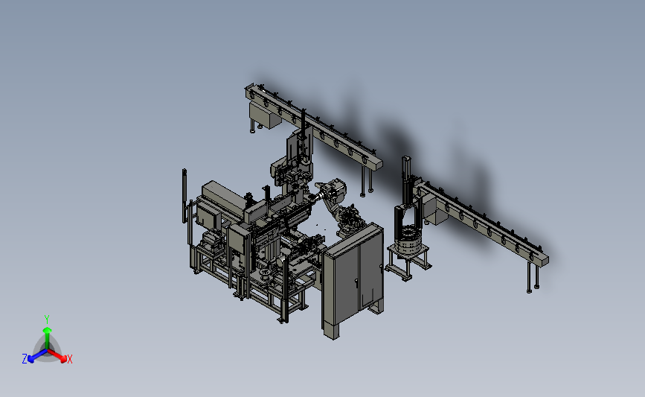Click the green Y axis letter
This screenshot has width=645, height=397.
[x=46, y=320]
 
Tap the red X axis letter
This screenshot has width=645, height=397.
[x=69, y=359]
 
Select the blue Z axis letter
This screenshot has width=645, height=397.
[x=25, y=359]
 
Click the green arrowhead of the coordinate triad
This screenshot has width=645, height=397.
[x=47, y=330]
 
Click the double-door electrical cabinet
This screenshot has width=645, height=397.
[x=353, y=279]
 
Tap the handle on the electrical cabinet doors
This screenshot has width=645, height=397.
[x=356, y=282]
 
